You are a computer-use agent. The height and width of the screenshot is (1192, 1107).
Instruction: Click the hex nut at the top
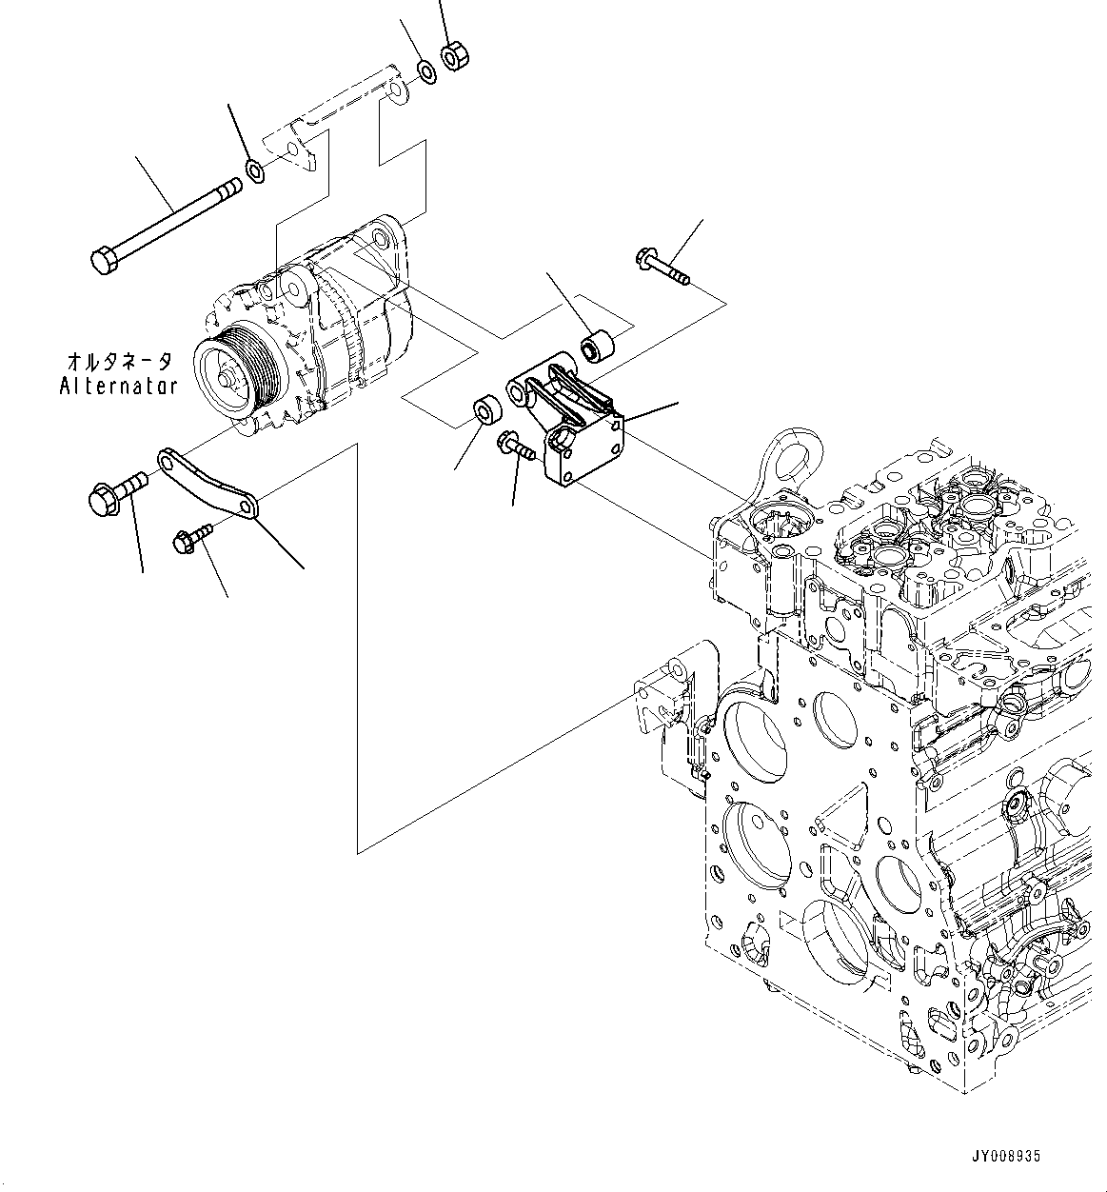point(453,57)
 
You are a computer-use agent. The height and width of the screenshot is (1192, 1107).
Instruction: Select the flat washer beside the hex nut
point(427,70)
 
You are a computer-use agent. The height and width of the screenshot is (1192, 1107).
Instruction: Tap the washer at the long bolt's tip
point(255,171)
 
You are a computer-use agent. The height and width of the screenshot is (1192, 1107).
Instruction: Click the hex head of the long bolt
point(104,259)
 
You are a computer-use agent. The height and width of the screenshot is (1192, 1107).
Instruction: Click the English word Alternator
point(118,386)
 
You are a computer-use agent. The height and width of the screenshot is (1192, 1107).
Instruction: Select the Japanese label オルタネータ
point(119,362)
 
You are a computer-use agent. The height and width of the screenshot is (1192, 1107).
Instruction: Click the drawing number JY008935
point(1005,1156)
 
